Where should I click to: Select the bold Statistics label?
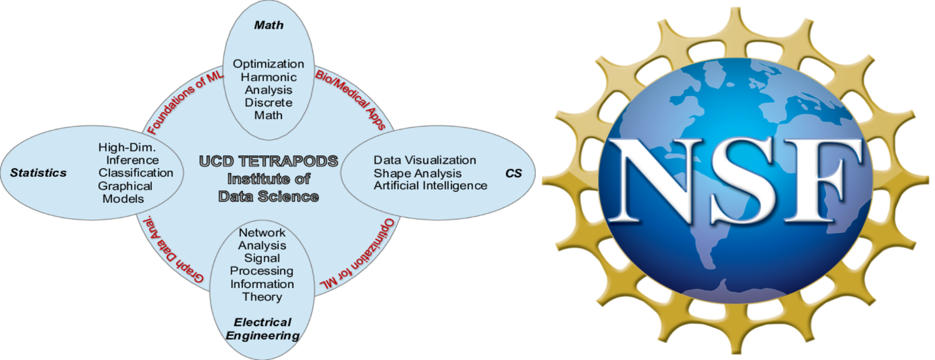tap(38, 173)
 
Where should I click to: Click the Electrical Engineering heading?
tap(262, 329)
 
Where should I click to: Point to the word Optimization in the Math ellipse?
tap(268, 64)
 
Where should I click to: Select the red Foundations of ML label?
tap(179, 101)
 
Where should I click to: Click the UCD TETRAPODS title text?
tap(268, 161)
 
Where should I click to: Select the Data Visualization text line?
tap(425, 160)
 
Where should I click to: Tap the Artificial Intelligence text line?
tap(430, 186)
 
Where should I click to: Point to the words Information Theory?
tap(262, 291)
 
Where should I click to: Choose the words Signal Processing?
tap(262, 264)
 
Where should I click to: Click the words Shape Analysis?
tap(417, 173)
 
